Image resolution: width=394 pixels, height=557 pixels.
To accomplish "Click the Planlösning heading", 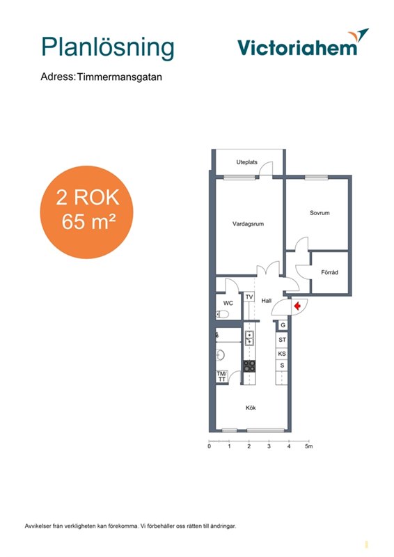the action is (x=108, y=47).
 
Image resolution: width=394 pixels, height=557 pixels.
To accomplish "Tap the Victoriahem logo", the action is (x=303, y=43).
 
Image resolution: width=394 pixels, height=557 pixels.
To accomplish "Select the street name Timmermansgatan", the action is (x=120, y=77).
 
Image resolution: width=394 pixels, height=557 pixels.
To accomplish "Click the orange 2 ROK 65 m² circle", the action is (x=86, y=212).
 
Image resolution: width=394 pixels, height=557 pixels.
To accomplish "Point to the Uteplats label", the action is (x=246, y=162).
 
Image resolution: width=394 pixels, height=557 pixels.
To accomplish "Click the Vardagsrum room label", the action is (x=248, y=223).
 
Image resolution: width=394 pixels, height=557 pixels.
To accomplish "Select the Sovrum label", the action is (x=320, y=213).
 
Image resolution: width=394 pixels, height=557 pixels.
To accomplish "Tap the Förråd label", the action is (x=329, y=272).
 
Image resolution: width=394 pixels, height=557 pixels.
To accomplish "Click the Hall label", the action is (x=267, y=301).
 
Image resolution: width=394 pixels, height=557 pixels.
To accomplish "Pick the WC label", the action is (x=228, y=303).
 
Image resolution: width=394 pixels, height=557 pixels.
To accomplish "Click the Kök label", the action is (x=251, y=408).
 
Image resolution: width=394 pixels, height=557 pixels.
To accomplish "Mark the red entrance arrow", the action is (x=297, y=306).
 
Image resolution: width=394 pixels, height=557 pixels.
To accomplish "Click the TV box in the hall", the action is (x=249, y=297).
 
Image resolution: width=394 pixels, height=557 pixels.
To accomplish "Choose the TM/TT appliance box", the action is (x=221, y=377).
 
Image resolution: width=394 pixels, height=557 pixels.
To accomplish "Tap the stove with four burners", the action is (x=249, y=366).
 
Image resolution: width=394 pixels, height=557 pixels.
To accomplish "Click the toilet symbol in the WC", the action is (x=222, y=314).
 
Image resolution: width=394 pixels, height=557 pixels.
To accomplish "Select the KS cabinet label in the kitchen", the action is (x=282, y=354).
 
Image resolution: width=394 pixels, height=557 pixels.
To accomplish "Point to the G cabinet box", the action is (x=283, y=325).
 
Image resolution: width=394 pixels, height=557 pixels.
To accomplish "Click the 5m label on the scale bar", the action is (x=309, y=446).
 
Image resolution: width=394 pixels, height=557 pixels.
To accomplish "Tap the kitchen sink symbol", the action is (x=249, y=338).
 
